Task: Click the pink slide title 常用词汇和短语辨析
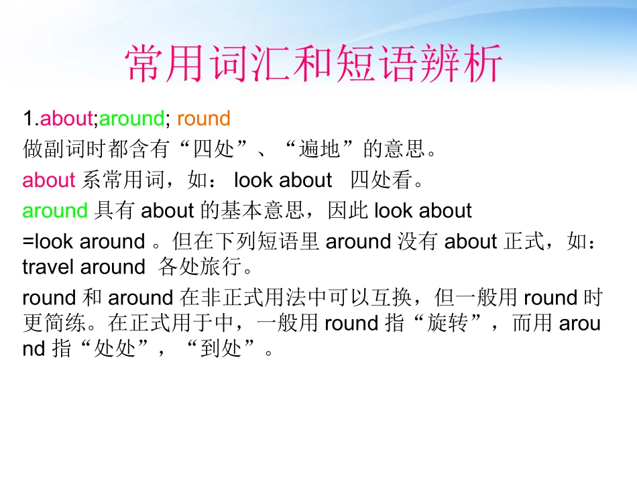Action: coord(314,64)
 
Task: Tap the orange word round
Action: coord(204,119)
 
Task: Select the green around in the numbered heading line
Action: coord(131,119)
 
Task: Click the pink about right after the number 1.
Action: coord(66,119)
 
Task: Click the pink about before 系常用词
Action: coord(49,180)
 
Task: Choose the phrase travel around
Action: coord(83,267)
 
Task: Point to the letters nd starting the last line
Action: coord(34,350)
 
